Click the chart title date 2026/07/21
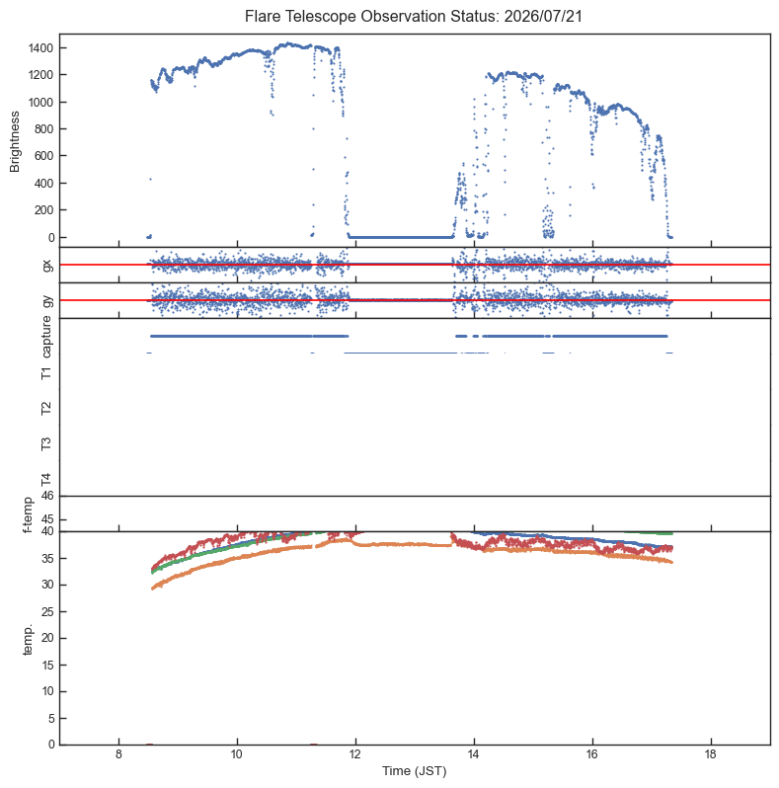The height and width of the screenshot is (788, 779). (x=543, y=16)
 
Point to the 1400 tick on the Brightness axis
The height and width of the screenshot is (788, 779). (x=40, y=48)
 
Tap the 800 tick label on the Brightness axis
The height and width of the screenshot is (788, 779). (x=43, y=129)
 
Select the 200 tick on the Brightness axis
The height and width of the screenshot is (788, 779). (x=43, y=210)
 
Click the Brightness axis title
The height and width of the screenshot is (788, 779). (x=15, y=142)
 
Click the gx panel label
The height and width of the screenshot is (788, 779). (x=47, y=265)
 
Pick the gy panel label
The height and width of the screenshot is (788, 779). (x=47, y=300)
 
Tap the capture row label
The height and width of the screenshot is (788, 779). (x=46, y=337)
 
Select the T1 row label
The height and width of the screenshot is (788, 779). (x=46, y=373)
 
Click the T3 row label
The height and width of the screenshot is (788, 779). (x=46, y=443)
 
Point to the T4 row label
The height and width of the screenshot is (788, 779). (x=46, y=480)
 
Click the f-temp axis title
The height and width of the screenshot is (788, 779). (x=28, y=514)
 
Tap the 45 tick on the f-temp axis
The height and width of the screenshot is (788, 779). (x=47, y=519)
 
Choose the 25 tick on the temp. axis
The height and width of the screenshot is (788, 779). (x=47, y=612)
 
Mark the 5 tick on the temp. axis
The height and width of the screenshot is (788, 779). (x=50, y=719)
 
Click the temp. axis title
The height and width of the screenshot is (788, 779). (x=28, y=640)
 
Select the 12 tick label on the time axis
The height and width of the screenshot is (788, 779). (x=355, y=754)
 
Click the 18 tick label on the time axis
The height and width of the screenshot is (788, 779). (x=711, y=754)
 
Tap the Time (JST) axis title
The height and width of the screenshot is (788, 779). (x=415, y=771)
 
